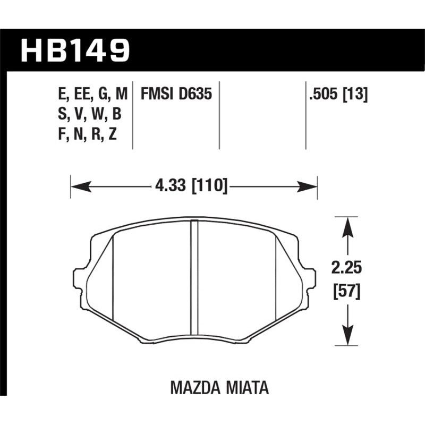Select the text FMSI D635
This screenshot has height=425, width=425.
tap(176, 95)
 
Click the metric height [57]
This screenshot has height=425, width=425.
tap(347, 291)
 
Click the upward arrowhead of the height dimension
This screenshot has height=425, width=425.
tap(347, 226)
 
